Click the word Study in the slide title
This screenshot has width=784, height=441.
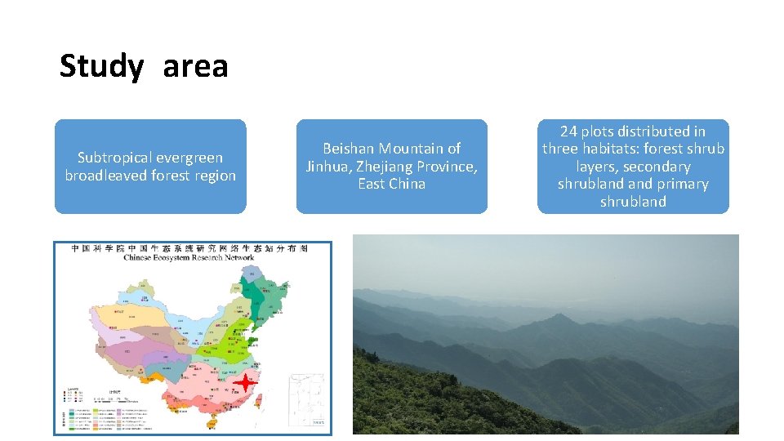[x=100, y=66]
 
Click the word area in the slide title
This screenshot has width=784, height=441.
[x=195, y=66]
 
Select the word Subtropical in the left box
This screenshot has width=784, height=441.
[x=114, y=158]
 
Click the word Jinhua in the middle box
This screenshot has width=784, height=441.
[x=328, y=167]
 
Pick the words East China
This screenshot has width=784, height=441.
[x=391, y=185]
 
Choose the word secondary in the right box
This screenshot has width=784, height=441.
[x=656, y=167]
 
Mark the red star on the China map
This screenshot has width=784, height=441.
[x=246, y=382]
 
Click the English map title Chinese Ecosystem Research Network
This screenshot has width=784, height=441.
[x=189, y=257]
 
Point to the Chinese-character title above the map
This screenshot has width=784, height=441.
[x=189, y=247]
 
